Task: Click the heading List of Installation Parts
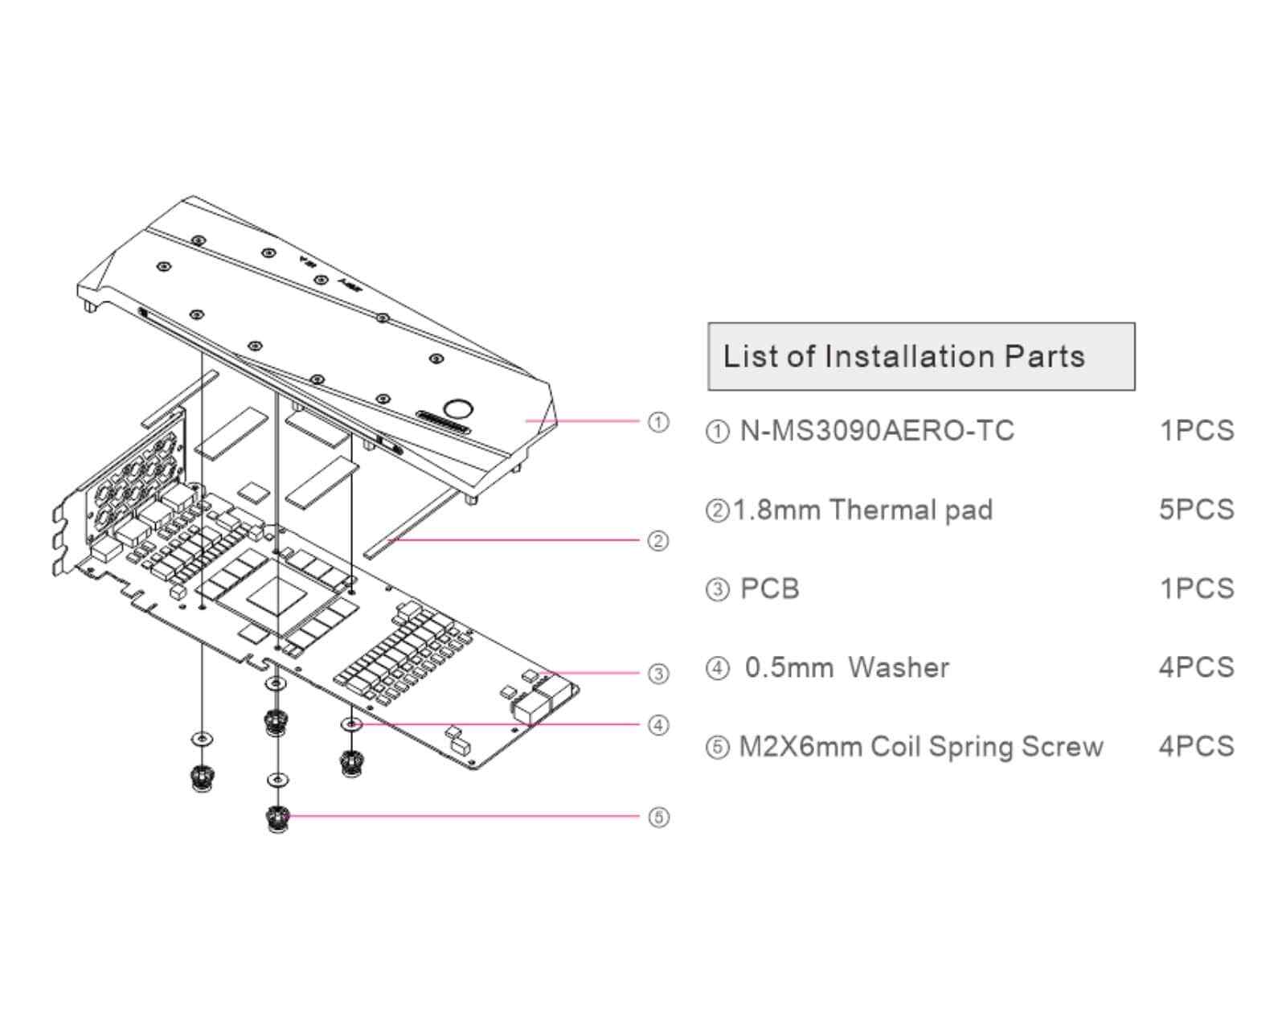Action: (903, 356)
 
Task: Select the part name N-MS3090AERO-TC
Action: (876, 431)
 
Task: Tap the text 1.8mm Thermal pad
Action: (862, 510)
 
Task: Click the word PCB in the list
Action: (769, 588)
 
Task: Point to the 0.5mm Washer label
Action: (846, 667)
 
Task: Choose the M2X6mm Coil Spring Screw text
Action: (920, 747)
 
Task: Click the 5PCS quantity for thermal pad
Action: (1196, 510)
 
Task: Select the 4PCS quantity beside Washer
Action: (1196, 667)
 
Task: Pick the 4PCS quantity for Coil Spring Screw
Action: (1196, 747)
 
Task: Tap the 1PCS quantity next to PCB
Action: (1196, 588)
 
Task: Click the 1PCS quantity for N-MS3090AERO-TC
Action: (1196, 431)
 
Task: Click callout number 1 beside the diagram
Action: (658, 422)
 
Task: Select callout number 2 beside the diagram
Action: (658, 540)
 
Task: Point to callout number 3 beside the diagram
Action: (658, 674)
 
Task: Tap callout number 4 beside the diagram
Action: (658, 725)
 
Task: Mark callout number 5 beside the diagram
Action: (658, 818)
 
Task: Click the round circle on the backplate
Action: (457, 408)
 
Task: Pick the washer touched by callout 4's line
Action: (351, 724)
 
